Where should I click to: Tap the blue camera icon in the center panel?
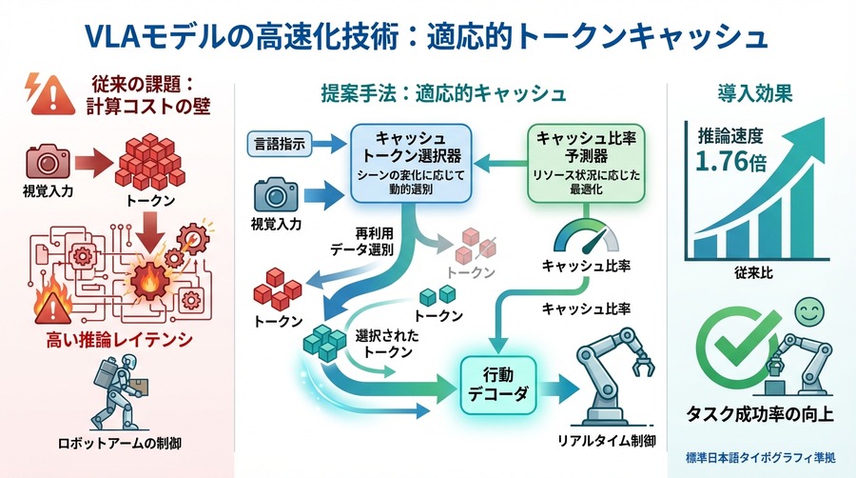click(276, 195)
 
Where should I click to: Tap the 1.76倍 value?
click(730, 160)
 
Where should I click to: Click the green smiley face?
click(808, 310)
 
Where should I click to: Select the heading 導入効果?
click(755, 93)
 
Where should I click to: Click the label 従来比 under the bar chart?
click(752, 273)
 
